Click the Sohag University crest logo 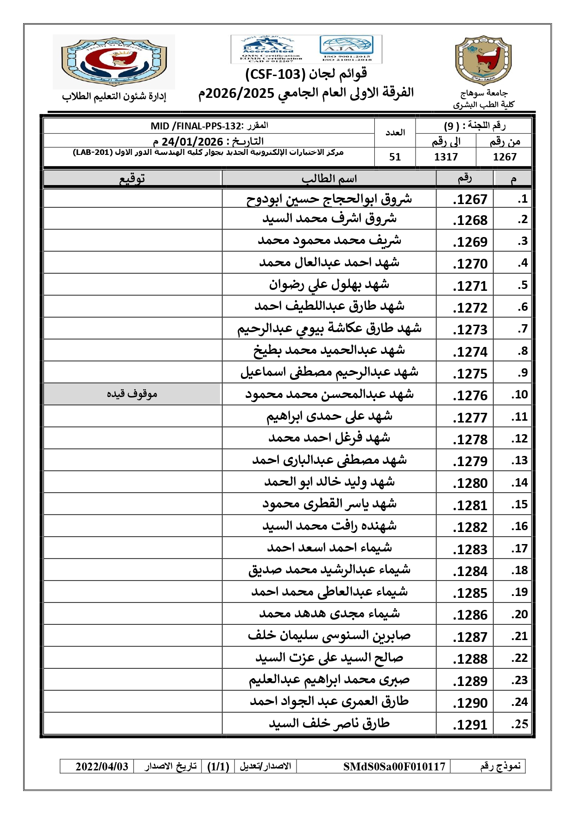coord(483,61)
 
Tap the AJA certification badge coord(346,49)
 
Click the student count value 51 coord(395,157)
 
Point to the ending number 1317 coord(446,157)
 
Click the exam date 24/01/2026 coord(192,141)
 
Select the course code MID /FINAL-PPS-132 coord(196,126)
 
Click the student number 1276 coord(470,396)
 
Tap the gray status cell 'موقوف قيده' coord(132,394)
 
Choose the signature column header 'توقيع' coord(132,179)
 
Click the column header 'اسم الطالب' coord(329,179)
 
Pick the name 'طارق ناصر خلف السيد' coord(329,724)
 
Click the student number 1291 coord(470,725)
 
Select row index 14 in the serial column coord(519,483)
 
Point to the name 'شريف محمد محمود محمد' coord(329,241)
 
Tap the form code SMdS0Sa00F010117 coord(394,767)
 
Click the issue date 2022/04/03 coord(102,767)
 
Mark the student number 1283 coord(470,549)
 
